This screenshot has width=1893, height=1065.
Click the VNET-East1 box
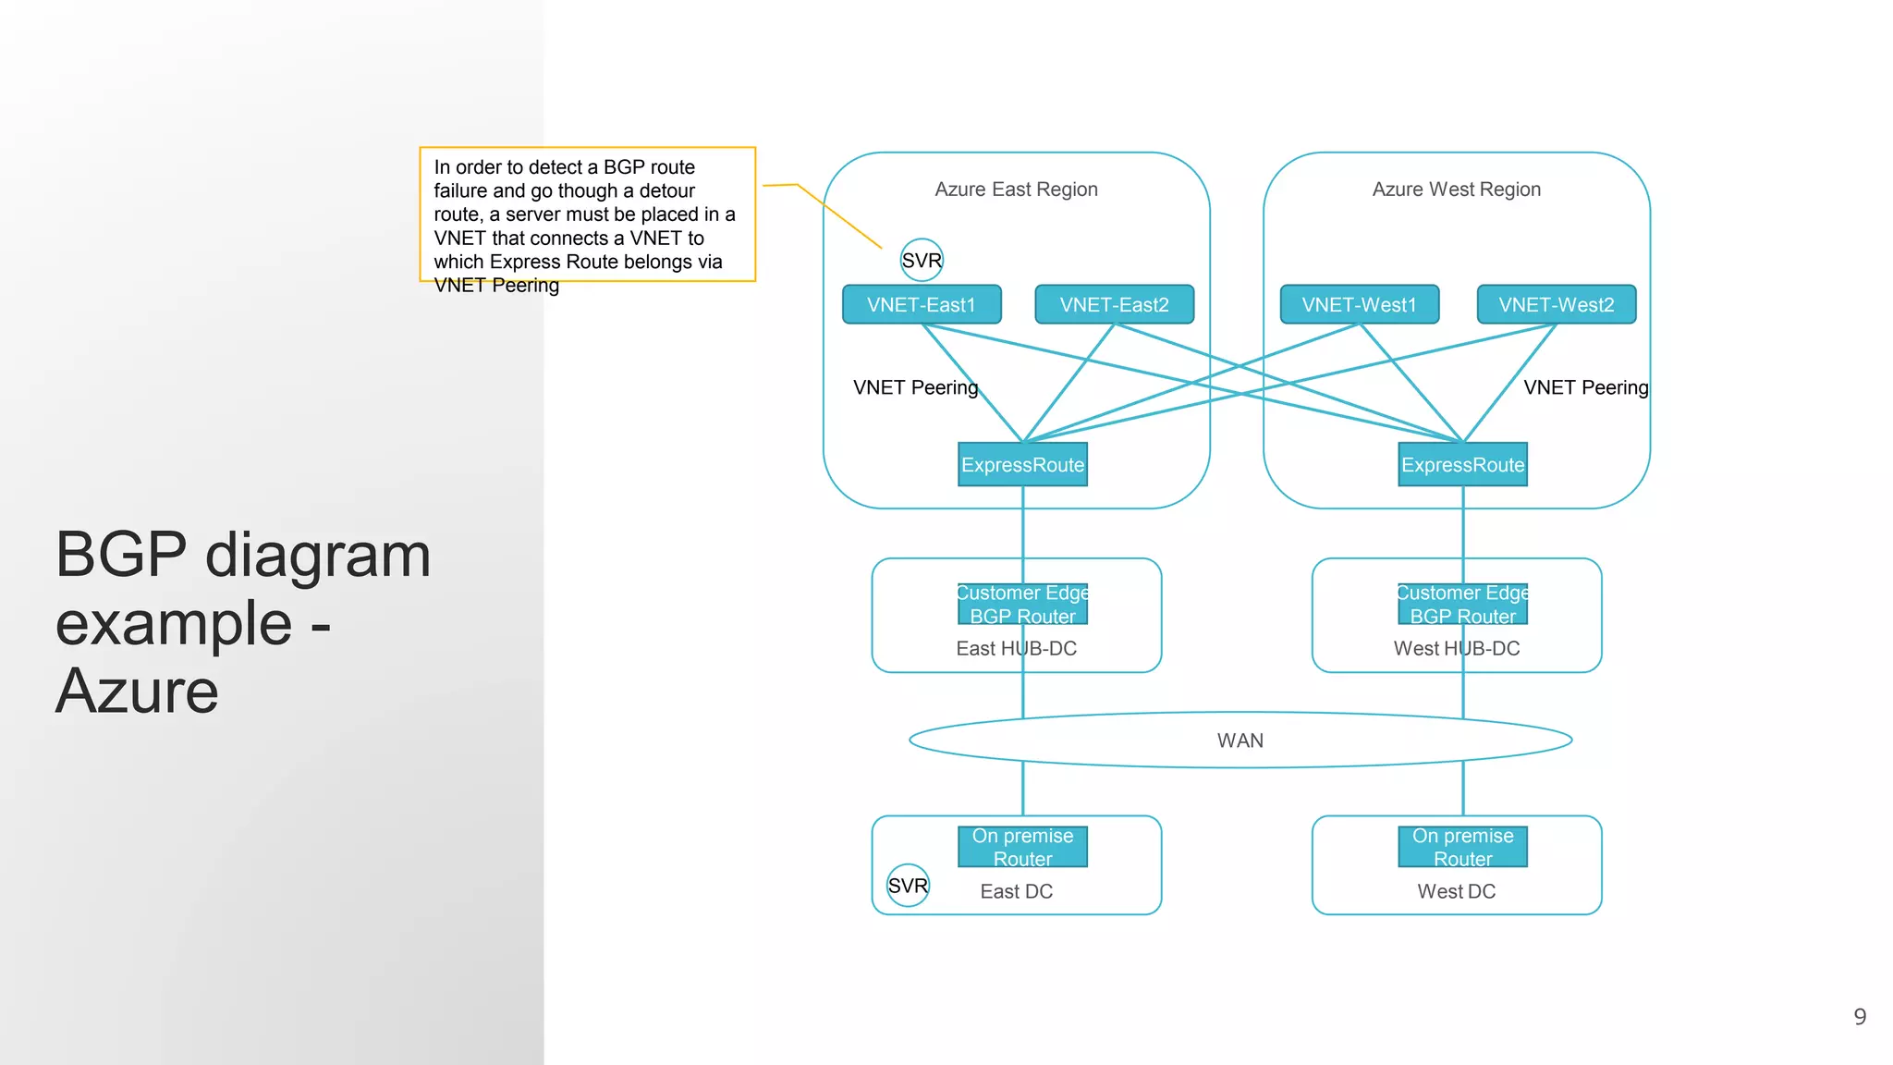[x=922, y=304]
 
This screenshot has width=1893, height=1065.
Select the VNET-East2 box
[x=1114, y=304]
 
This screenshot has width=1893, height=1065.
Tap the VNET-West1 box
[x=1359, y=304]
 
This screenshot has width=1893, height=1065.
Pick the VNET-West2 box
[x=1556, y=304]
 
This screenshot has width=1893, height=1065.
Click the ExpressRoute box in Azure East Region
[x=1022, y=464]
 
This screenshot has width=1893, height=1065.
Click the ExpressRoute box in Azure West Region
[x=1462, y=464]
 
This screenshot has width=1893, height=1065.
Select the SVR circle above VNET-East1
[x=922, y=261]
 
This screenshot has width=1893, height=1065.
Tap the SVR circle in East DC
[x=908, y=886]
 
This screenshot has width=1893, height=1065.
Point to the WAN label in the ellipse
[x=1240, y=741]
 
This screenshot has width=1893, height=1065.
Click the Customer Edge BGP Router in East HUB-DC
[x=1022, y=605]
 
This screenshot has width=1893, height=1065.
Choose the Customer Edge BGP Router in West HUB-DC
[x=1462, y=605]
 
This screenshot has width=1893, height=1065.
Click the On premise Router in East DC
[x=1022, y=847]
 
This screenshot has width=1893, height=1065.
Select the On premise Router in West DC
[x=1462, y=847]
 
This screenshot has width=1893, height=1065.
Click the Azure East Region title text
[x=1016, y=190]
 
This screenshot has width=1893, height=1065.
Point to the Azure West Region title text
[x=1456, y=190]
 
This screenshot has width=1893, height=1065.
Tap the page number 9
[x=1860, y=1017]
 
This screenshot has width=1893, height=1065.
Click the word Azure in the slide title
[x=137, y=692]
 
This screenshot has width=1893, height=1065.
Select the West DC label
[x=1456, y=891]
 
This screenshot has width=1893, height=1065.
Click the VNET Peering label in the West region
[x=1585, y=387]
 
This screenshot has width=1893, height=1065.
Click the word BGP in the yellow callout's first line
[x=624, y=167]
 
